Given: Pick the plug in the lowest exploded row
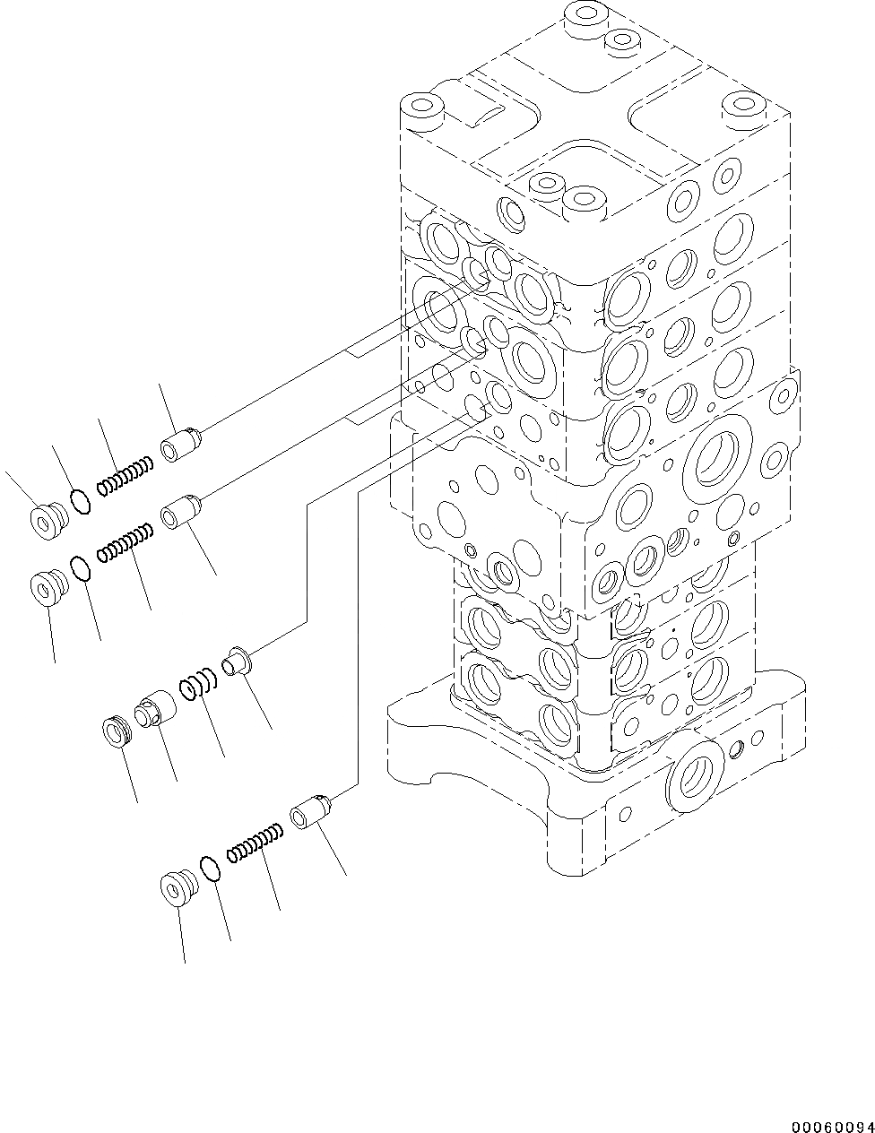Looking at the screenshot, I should click(175, 887).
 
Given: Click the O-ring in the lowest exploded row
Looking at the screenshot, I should click(210, 868).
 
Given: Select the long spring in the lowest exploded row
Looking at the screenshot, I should click(256, 845).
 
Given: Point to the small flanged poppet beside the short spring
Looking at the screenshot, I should click(238, 662).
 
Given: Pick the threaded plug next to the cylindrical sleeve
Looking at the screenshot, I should click(117, 731).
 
